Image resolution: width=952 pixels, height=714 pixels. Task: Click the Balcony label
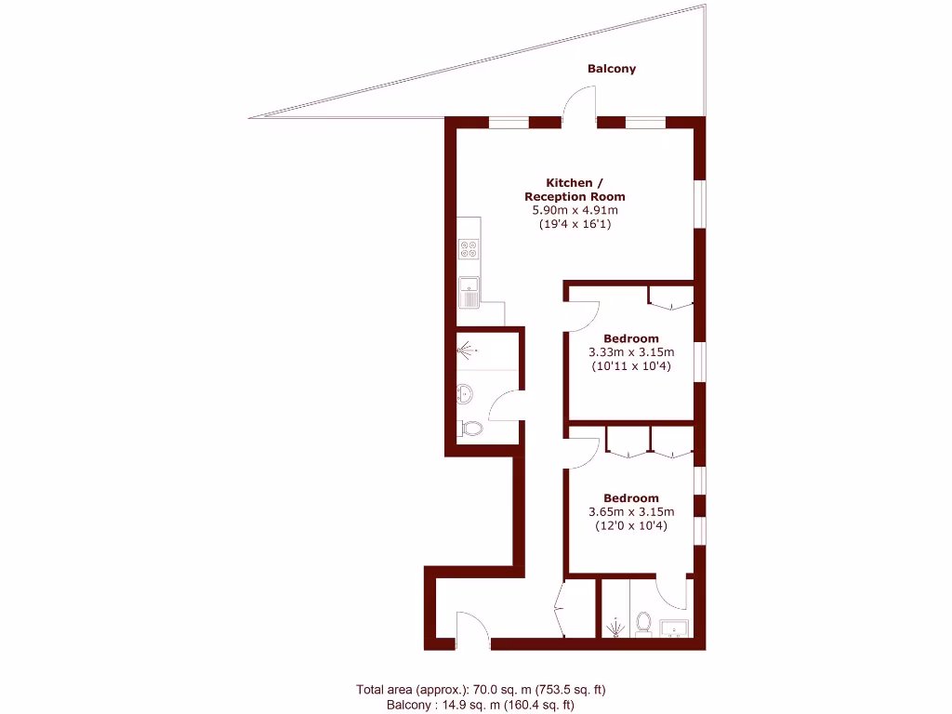(x=612, y=69)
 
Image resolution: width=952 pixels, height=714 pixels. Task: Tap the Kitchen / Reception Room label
(x=575, y=190)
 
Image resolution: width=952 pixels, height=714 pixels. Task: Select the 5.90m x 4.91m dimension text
(x=575, y=210)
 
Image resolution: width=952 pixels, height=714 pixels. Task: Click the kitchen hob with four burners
(x=469, y=249)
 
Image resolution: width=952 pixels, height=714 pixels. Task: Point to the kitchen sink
(x=470, y=292)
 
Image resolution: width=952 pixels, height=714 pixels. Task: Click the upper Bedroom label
(x=631, y=338)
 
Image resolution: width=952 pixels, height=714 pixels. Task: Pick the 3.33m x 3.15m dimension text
(x=631, y=352)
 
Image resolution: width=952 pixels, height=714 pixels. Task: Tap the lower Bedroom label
(x=631, y=498)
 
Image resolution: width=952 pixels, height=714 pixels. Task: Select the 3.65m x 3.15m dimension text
(x=631, y=512)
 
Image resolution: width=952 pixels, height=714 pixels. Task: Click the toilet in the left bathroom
(x=471, y=429)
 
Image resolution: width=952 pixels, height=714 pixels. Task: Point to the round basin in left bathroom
(x=466, y=394)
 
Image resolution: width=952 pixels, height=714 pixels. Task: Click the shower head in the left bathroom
(x=468, y=350)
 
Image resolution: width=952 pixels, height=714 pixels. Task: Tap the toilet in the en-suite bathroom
(x=642, y=622)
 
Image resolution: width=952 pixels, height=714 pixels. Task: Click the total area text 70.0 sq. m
(x=481, y=690)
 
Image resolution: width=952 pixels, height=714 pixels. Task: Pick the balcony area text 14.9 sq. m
(x=480, y=706)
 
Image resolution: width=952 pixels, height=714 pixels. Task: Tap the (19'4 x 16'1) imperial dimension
(x=575, y=224)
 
